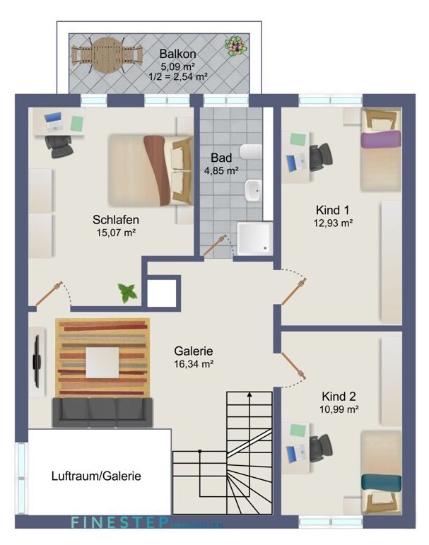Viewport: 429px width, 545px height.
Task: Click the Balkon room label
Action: [x=177, y=54]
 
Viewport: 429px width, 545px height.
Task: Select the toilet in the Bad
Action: [x=250, y=151]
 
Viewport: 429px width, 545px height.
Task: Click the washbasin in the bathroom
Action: [x=253, y=189]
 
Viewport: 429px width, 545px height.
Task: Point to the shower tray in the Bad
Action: [x=253, y=239]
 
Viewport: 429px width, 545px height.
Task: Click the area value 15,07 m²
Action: [x=116, y=232]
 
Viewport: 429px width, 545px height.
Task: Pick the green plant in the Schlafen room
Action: [x=128, y=291]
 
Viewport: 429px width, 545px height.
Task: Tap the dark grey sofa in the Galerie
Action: [x=102, y=412]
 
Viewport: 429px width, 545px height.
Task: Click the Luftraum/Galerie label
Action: [x=96, y=476]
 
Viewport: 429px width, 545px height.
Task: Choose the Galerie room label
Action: [x=194, y=351]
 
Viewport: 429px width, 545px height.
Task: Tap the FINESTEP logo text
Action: [x=119, y=524]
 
